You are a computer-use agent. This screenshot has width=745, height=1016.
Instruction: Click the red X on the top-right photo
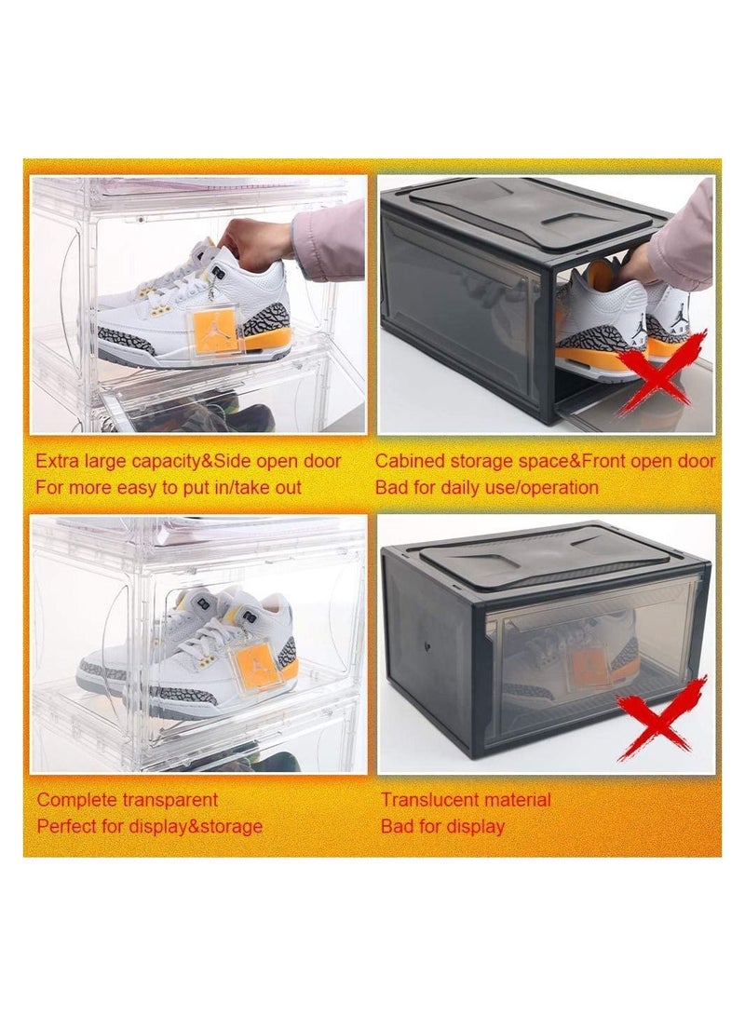(660, 372)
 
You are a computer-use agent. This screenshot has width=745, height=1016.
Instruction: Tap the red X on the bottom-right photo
(661, 717)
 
